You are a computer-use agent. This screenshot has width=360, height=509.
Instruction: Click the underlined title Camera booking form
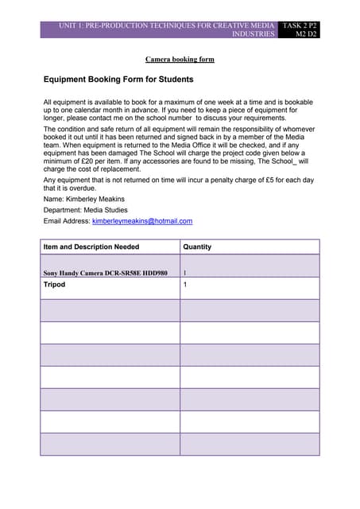click(x=180, y=59)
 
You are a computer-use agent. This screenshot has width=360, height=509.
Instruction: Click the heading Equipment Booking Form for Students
click(x=118, y=80)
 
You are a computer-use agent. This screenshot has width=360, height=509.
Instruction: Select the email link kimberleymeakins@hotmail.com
click(x=142, y=221)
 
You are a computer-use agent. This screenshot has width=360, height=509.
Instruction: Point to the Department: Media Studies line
click(x=84, y=210)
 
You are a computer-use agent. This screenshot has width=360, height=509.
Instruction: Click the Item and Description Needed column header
click(x=92, y=247)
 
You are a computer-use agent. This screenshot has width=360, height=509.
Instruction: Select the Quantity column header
click(x=197, y=247)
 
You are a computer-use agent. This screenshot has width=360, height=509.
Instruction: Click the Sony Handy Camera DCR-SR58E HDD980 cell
click(x=105, y=273)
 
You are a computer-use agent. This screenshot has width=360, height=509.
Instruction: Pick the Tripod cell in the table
click(x=54, y=284)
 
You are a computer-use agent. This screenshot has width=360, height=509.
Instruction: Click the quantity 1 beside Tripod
click(x=185, y=284)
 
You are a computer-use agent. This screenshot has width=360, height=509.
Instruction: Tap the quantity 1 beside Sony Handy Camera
click(x=185, y=273)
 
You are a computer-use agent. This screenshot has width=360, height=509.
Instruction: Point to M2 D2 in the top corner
click(x=306, y=35)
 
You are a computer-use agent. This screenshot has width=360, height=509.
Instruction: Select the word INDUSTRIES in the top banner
click(x=253, y=35)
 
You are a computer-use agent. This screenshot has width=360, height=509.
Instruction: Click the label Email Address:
click(x=67, y=221)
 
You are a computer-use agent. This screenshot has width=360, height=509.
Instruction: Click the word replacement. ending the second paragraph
click(x=122, y=169)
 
